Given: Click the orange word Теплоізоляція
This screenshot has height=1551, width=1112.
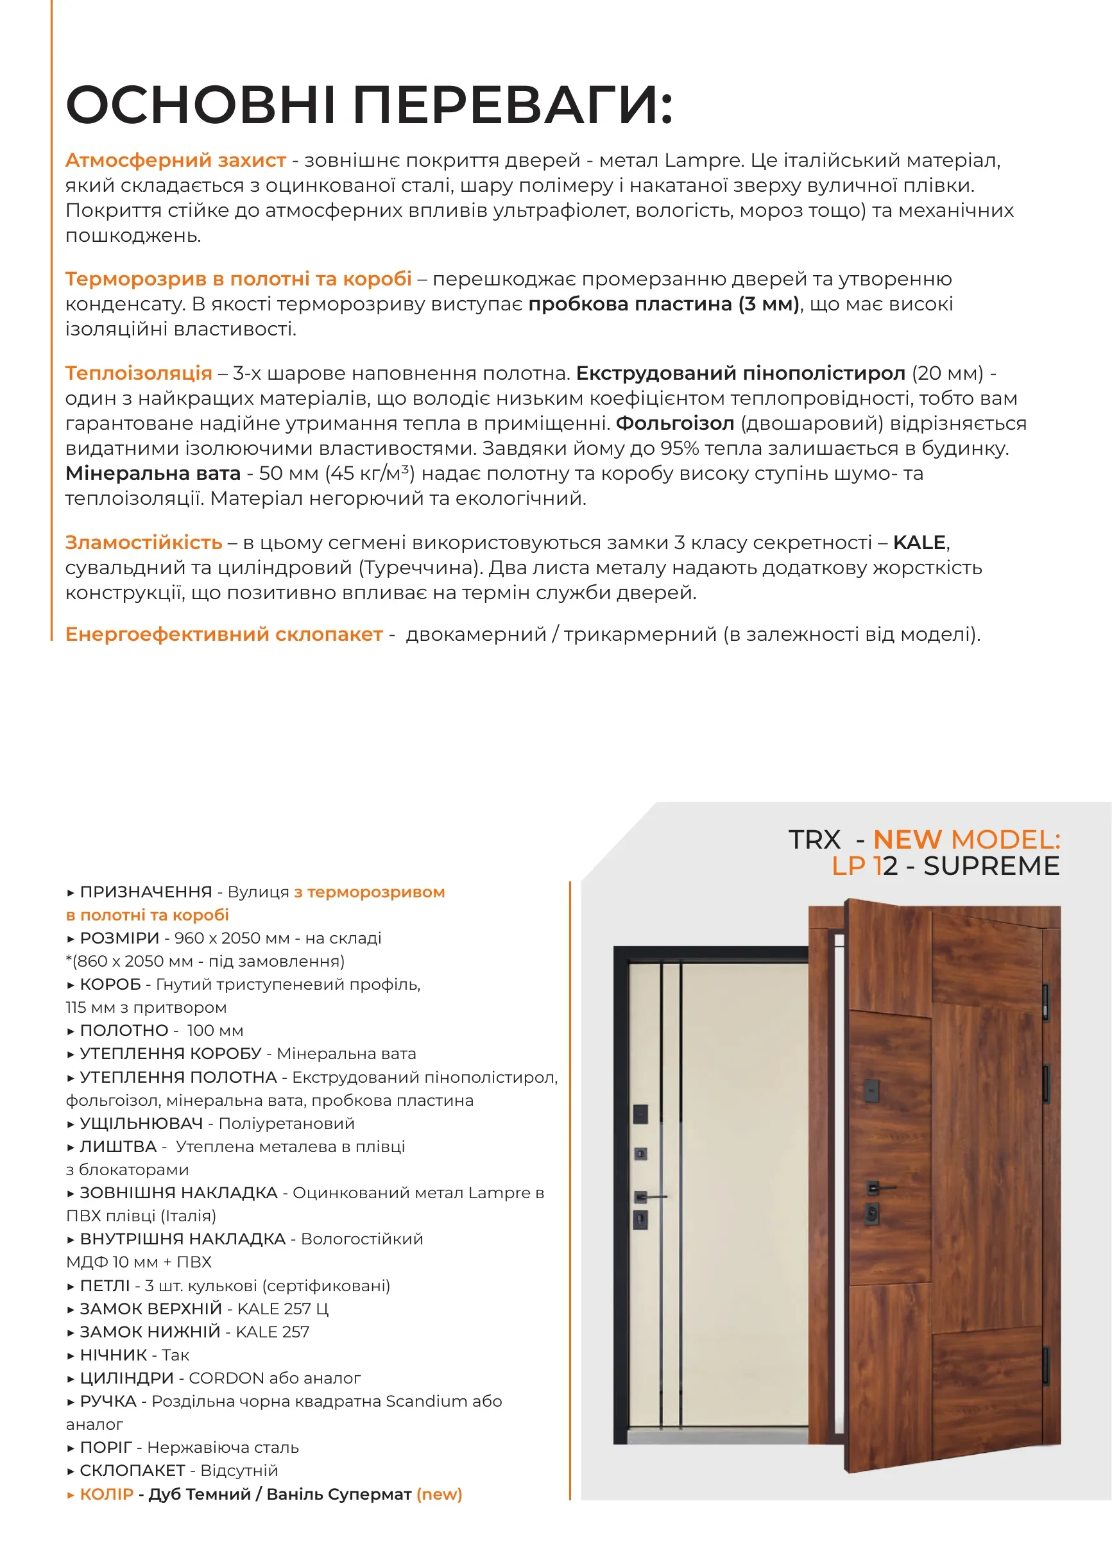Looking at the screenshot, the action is pos(138,373).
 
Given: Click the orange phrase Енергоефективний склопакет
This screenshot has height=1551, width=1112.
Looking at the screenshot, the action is pos(224,634).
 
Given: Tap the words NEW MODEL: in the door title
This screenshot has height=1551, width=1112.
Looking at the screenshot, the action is pos(966,839).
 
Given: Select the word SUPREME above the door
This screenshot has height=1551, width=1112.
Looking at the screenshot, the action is pos(991,866).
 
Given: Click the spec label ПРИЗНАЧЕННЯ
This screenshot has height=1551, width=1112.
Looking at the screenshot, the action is pos(146,892).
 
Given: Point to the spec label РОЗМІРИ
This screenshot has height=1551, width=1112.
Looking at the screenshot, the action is pos(119,938).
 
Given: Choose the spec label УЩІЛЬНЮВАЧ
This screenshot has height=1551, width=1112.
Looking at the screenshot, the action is pos(141,1123).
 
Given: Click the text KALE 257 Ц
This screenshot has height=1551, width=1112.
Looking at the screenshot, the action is pos(282,1309).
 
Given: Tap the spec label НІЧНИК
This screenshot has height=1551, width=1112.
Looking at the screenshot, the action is pos(113,1355).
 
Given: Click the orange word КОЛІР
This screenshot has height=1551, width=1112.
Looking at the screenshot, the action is pos(106,1495).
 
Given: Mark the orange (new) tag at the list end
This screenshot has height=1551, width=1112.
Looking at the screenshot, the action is pos(439,1495).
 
